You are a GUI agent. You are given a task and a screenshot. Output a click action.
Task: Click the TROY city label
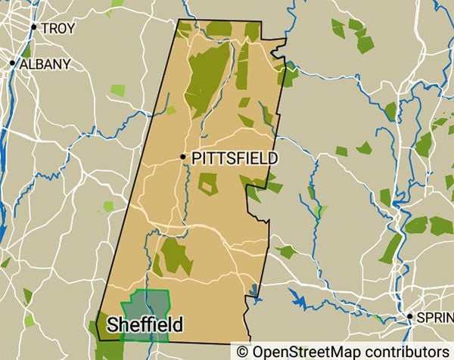58,29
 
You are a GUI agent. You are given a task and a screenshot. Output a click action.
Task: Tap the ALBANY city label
44,64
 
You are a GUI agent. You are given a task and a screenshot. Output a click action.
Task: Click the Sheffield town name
145,324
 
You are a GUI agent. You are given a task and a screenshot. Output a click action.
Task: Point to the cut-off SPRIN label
435,318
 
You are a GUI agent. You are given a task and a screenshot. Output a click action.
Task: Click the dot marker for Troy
34,27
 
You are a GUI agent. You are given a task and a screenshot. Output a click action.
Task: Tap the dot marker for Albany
12,64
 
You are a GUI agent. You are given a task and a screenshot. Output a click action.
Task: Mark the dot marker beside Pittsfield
183,157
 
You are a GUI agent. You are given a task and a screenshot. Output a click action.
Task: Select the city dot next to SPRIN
409,316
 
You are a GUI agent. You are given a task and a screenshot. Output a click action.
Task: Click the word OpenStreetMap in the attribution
300,352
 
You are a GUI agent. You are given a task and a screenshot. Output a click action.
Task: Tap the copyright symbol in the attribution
242,352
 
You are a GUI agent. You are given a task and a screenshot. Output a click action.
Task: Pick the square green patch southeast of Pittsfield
207,183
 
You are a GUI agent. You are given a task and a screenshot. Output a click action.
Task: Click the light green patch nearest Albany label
118,90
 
